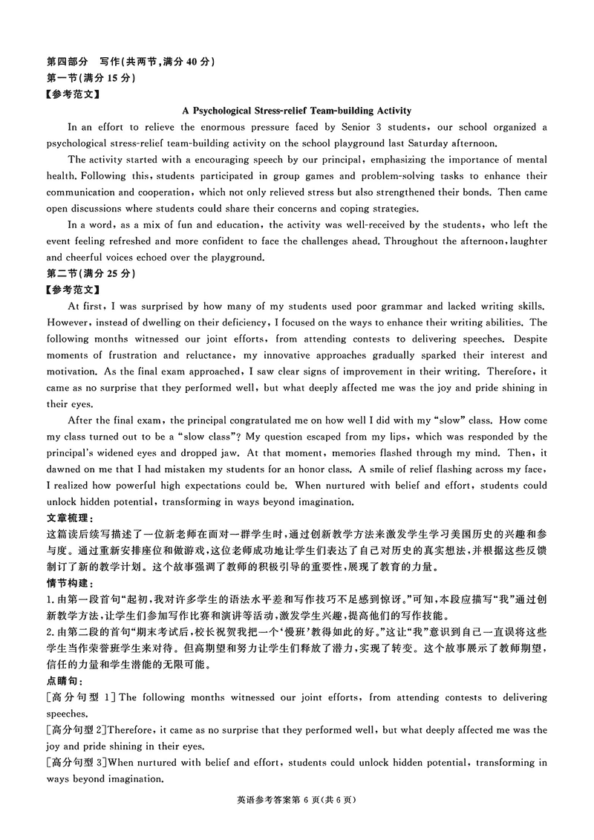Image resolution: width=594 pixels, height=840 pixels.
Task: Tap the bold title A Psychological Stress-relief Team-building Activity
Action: (296, 111)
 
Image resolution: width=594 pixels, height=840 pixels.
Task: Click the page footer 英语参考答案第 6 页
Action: (296, 801)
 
